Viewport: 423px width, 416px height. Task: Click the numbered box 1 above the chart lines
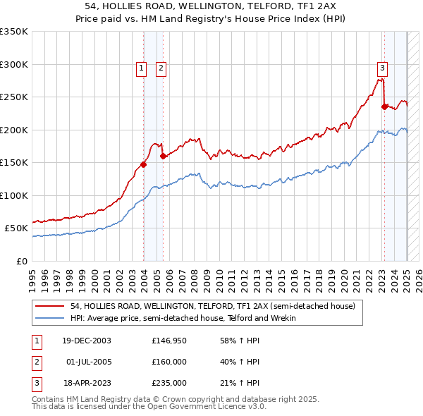[x=142, y=68]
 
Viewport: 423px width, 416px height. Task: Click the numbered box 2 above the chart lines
[x=161, y=68]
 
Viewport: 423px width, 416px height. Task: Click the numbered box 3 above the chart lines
[x=382, y=68]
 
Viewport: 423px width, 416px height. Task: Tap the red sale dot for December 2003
[x=143, y=164]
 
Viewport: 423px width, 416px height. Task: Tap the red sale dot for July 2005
[x=163, y=156]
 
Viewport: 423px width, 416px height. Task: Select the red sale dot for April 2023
[x=384, y=107]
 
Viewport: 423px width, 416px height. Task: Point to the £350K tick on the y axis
[x=14, y=32]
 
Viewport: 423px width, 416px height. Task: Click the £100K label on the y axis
[x=14, y=195]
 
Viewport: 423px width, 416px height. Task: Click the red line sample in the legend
[x=49, y=306]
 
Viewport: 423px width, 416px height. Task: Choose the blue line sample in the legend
[x=49, y=318]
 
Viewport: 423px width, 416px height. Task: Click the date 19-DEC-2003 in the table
[x=87, y=340]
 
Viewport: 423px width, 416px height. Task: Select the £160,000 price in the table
[x=169, y=362]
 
